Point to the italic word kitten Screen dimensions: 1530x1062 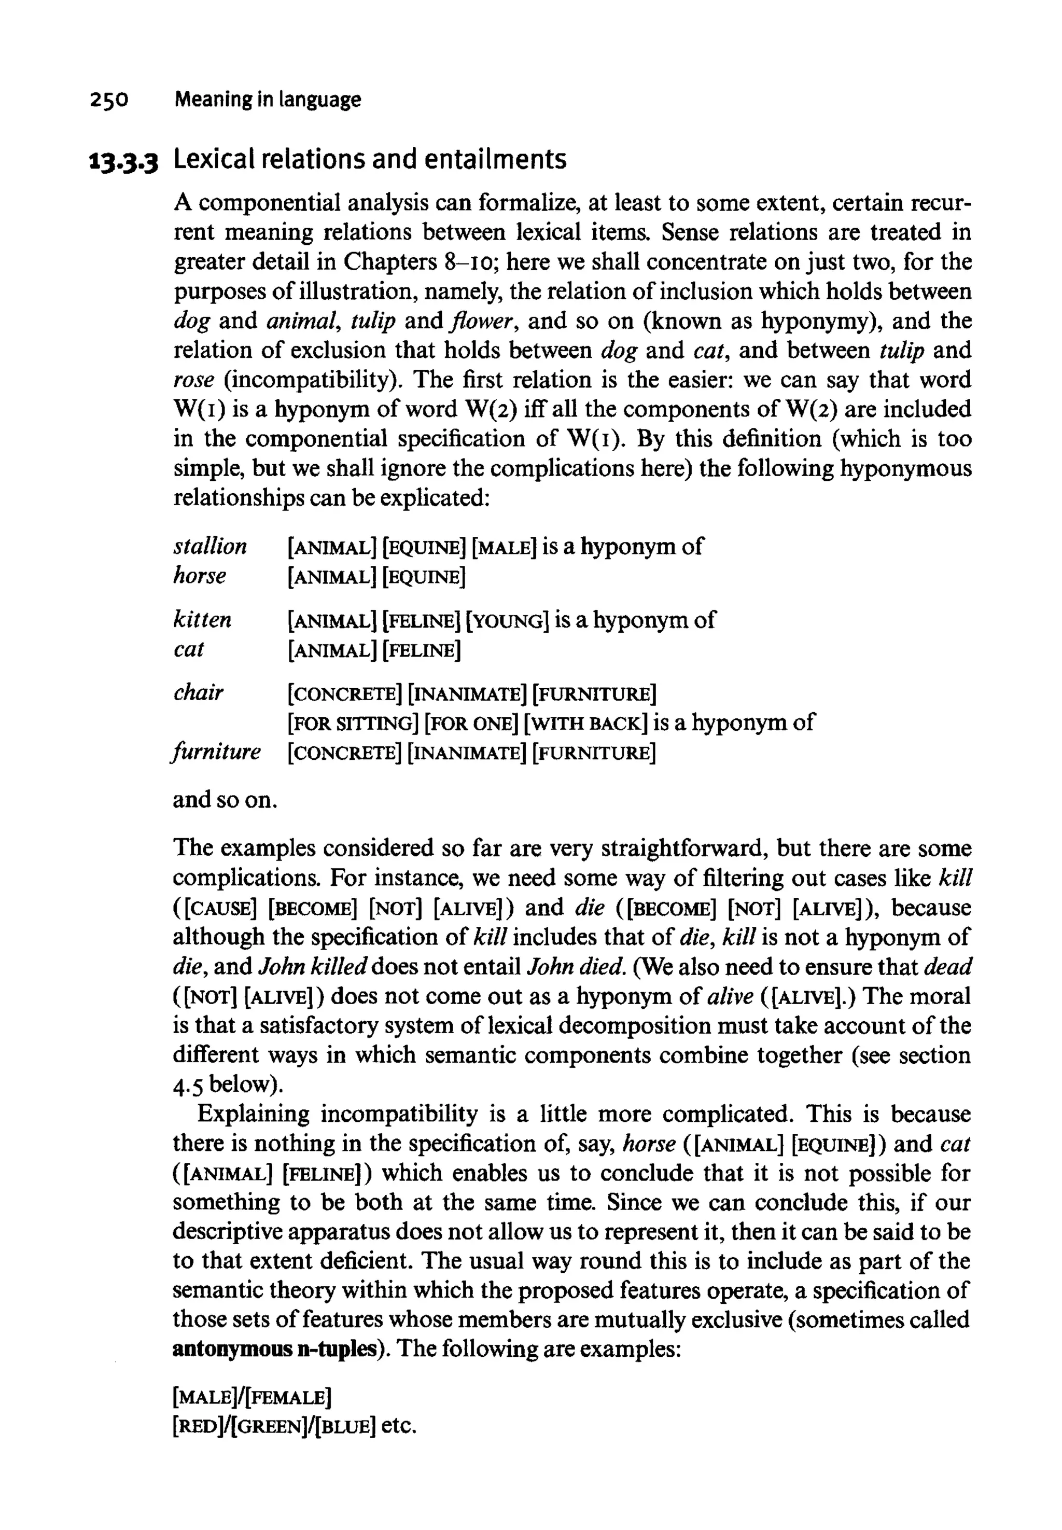pyautogui.click(x=202, y=620)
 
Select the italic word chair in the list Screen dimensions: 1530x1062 pyautogui.click(x=198, y=693)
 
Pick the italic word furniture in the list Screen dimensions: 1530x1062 pyautogui.click(x=216, y=752)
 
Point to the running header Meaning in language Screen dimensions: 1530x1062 pyautogui.click(x=268, y=100)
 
